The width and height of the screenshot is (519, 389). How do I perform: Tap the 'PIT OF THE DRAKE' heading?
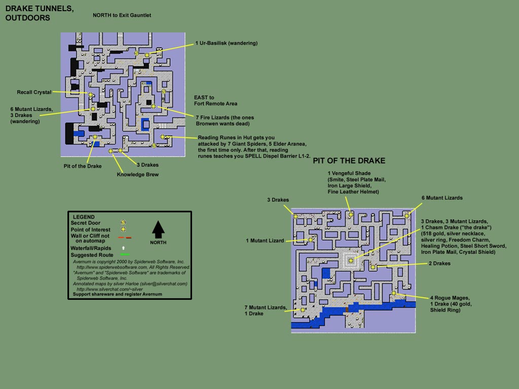[x=349, y=161]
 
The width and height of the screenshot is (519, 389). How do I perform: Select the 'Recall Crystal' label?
[x=34, y=92]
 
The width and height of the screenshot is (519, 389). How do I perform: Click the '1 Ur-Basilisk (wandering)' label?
[x=226, y=43]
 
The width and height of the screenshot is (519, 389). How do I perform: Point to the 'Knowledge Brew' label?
[x=138, y=175]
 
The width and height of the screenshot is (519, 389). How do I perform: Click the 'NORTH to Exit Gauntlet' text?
[x=122, y=15]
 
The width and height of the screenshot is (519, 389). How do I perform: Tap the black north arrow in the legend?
[x=158, y=229]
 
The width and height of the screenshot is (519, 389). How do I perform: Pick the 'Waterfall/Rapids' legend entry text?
[x=92, y=248]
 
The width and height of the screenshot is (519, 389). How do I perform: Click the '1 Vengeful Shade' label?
[x=350, y=173]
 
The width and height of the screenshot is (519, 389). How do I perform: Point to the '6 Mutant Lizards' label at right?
[x=442, y=198]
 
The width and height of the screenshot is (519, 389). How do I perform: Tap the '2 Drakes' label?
[x=439, y=263]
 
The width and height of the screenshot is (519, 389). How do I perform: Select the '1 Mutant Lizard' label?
[x=265, y=241]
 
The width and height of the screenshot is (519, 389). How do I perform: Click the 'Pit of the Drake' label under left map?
[x=83, y=166]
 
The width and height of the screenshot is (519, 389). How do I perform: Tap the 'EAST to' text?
[x=204, y=97]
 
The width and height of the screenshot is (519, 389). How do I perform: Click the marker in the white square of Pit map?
[x=351, y=260]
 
